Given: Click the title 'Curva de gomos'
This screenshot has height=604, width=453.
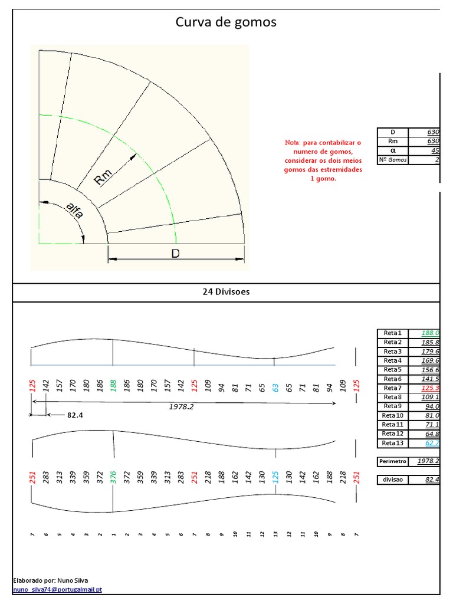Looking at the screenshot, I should point(226,22).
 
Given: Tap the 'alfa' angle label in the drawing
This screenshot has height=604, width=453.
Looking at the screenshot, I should point(74,211).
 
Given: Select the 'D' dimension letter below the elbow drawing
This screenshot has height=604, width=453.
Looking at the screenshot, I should point(175,253).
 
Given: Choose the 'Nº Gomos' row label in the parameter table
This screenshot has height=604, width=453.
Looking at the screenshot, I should point(392,160).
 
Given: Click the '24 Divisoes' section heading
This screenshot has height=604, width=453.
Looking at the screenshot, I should point(226,293).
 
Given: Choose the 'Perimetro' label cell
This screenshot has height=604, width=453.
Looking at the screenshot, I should point(392,461).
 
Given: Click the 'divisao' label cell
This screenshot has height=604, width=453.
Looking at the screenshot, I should point(392,480).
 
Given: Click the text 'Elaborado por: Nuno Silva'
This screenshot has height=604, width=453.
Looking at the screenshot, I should point(50,580).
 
